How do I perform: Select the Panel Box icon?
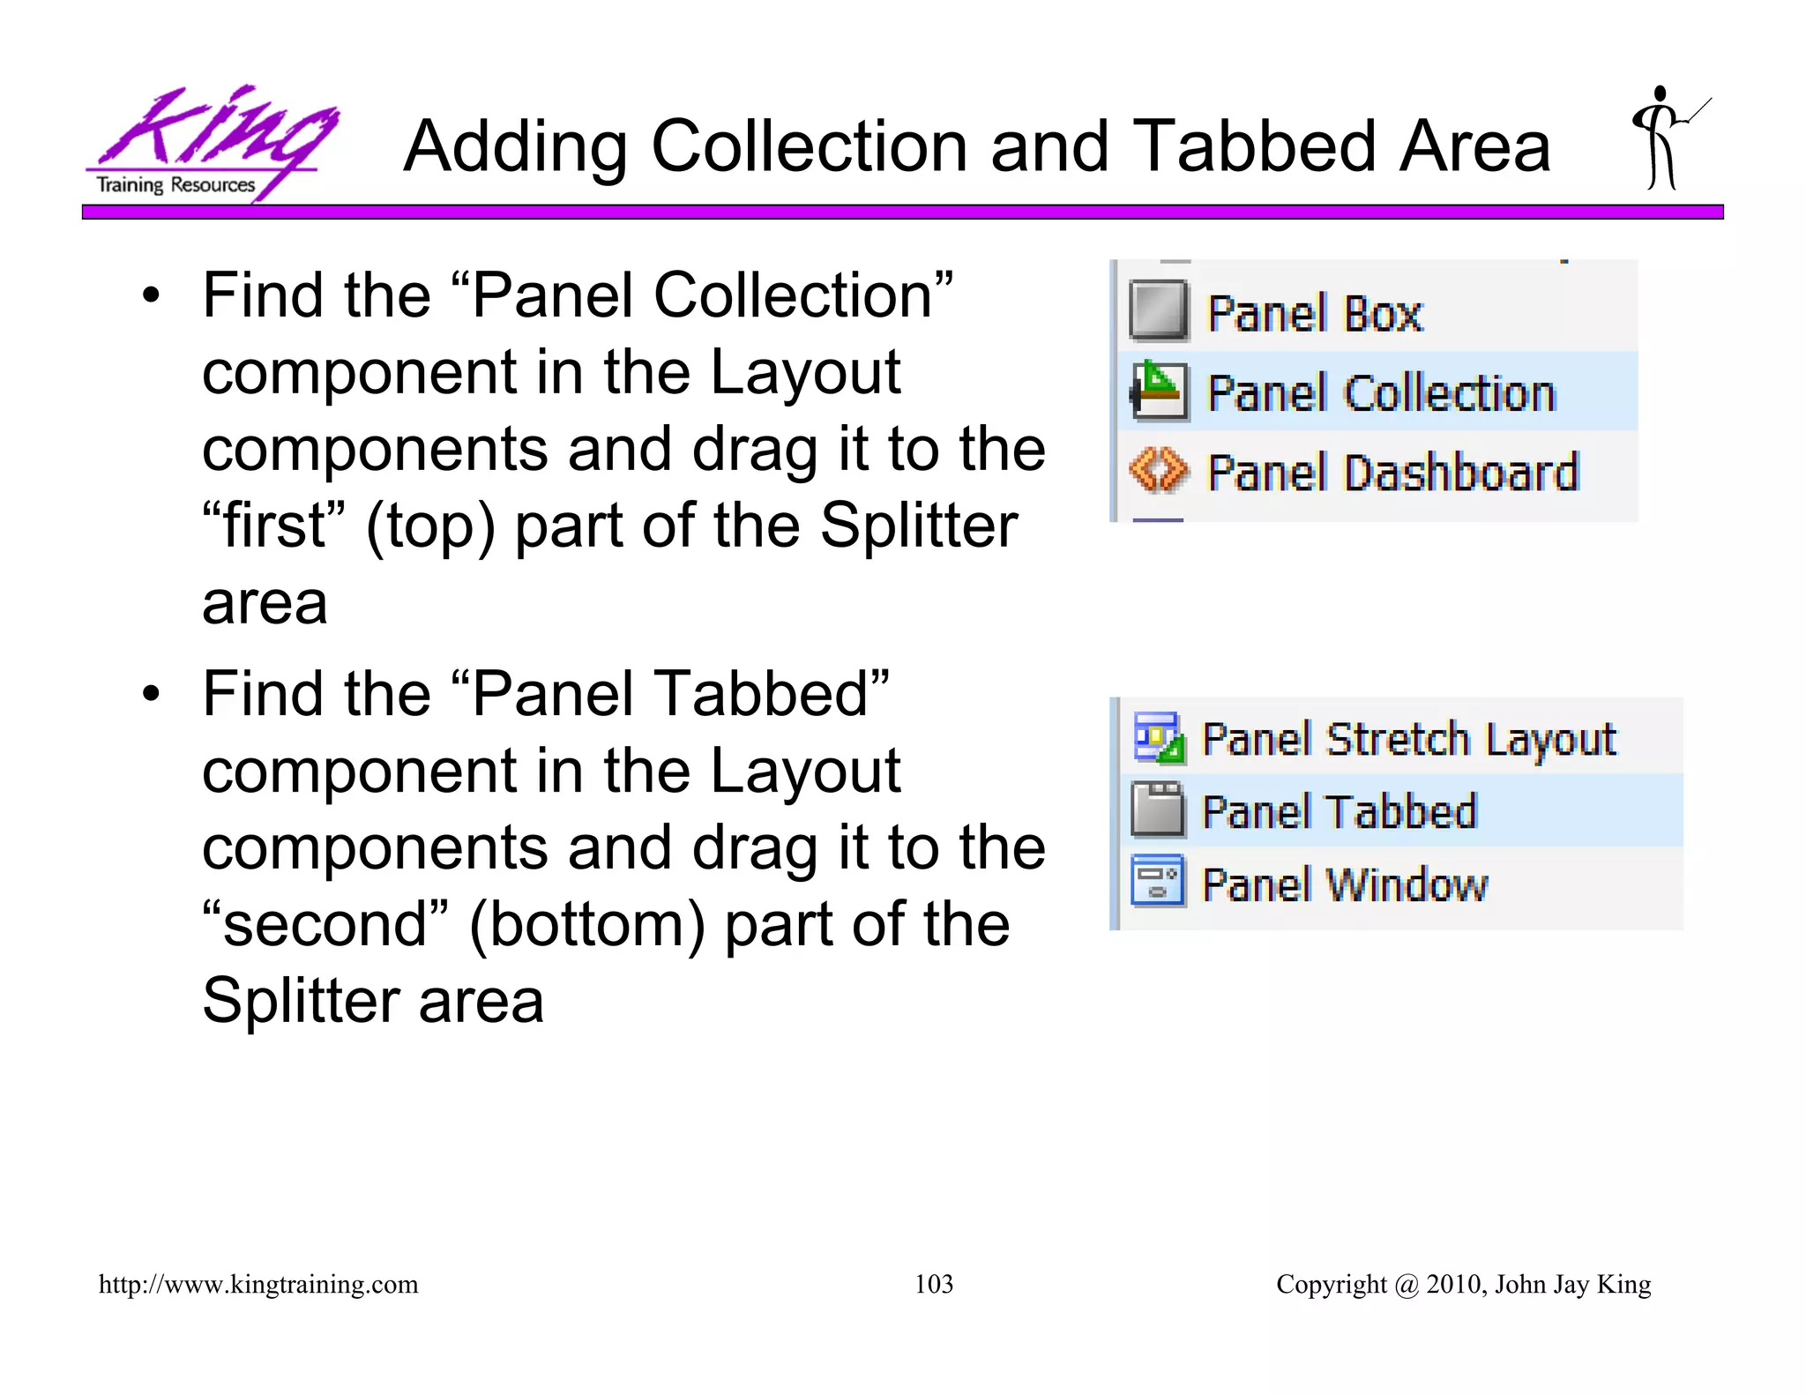[1158, 310]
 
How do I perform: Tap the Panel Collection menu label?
[1380, 393]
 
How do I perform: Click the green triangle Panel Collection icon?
[1158, 390]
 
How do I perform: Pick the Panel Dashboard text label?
[1392, 473]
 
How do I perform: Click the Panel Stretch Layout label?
[1408, 739]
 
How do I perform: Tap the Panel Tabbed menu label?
[1339, 811]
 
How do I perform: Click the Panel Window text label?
[1345, 884]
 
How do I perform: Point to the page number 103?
[933, 1284]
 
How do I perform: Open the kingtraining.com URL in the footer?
[258, 1284]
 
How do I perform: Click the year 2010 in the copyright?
[1454, 1284]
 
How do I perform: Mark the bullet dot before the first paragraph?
[152, 296]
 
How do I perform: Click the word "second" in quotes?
[325, 924]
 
